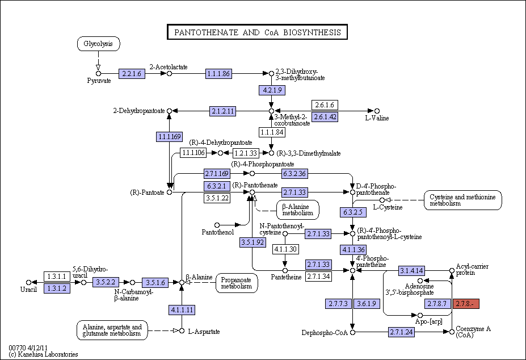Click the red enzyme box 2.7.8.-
[466, 304]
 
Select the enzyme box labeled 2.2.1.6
[132, 74]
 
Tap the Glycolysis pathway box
[98, 44]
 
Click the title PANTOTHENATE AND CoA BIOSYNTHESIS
[257, 32]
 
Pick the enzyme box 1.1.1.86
[218, 74]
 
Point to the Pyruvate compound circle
[98, 74]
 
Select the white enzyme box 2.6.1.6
[325, 105]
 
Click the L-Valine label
[377, 118]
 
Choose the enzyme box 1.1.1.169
[170, 137]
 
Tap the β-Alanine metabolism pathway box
[297, 210]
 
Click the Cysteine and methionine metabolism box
[462, 200]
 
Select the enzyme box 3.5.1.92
[253, 242]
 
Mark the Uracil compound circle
[28, 282]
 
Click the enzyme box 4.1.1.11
[182, 309]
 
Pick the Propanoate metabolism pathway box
[237, 283]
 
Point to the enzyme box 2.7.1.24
[402, 332]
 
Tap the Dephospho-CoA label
[325, 333]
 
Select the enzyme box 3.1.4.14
[411, 270]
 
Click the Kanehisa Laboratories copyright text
[44, 354]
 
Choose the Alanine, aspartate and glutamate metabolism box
[112, 330]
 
